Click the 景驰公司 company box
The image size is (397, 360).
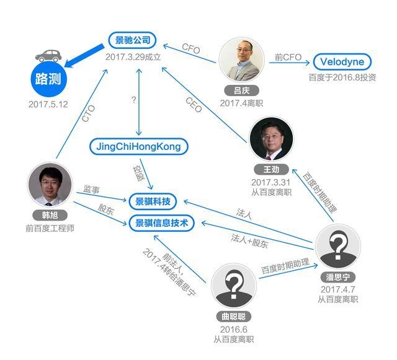(132, 40)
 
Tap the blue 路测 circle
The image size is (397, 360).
(48, 79)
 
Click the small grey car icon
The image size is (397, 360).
(48, 56)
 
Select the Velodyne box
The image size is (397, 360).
(342, 61)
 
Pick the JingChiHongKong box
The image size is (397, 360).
(139, 146)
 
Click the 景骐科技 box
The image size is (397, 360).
(153, 201)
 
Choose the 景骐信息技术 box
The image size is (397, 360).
(161, 223)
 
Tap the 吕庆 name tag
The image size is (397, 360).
(241, 90)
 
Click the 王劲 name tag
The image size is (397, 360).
(271, 169)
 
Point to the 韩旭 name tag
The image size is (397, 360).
(50, 215)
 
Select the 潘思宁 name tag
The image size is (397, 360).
(337, 277)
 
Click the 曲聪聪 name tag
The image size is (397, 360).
(233, 317)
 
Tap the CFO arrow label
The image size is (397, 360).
(191, 48)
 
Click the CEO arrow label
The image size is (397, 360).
(194, 105)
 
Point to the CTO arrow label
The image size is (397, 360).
(88, 113)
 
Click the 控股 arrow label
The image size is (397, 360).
(139, 173)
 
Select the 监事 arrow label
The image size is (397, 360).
(91, 189)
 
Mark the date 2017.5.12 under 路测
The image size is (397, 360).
(48, 104)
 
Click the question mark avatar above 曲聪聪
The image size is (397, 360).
(233, 286)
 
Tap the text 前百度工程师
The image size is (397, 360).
(50, 228)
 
